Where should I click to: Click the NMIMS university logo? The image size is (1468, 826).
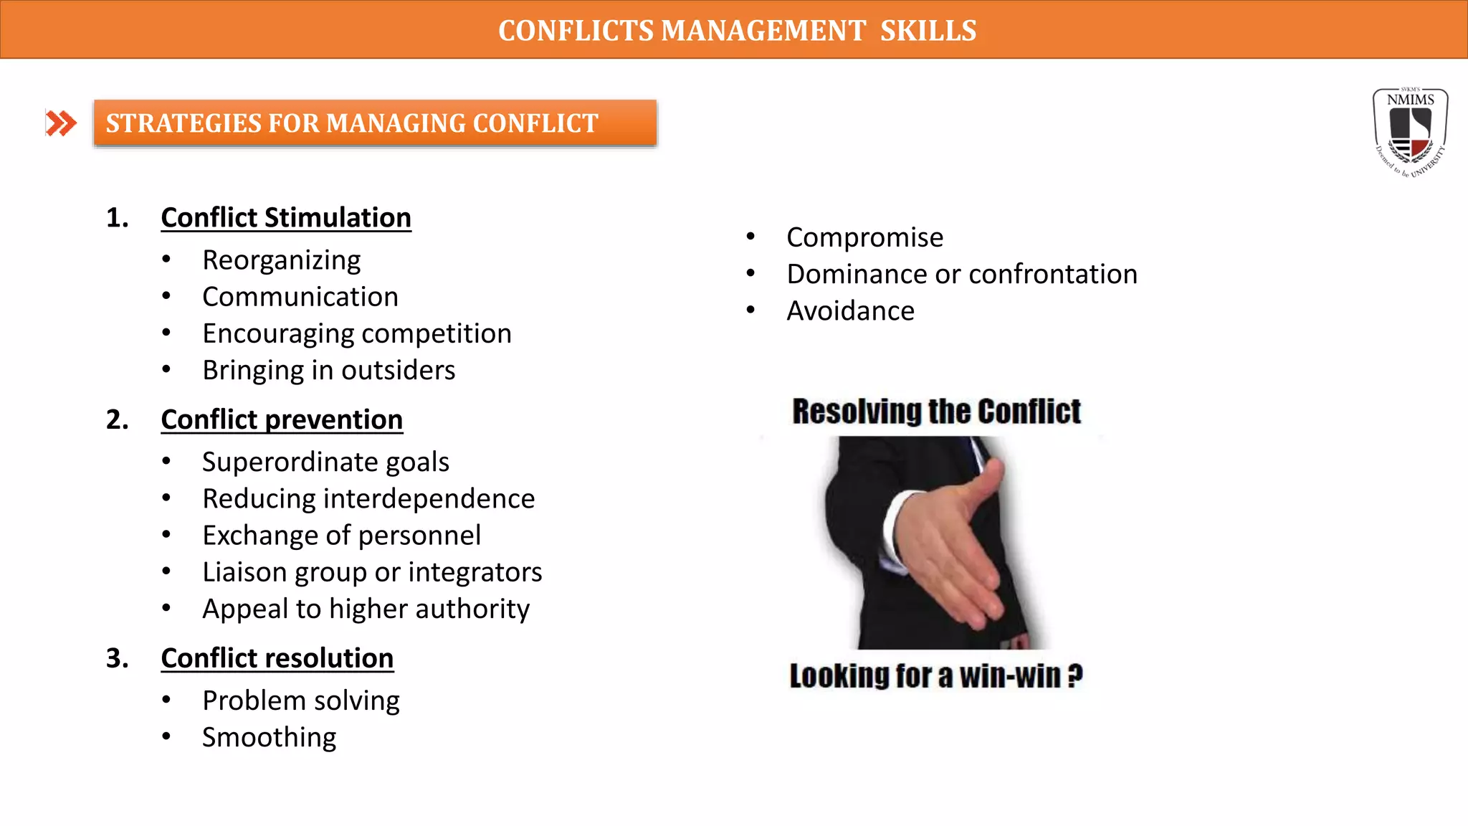(x=1410, y=133)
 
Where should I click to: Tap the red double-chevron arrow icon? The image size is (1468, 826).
(x=61, y=123)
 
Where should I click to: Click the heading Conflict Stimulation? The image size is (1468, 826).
(x=286, y=218)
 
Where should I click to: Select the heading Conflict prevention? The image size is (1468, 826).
(x=282, y=420)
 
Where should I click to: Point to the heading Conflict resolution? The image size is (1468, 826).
(x=277, y=658)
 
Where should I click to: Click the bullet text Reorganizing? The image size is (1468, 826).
(x=282, y=260)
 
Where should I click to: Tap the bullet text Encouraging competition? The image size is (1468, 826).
(x=357, y=334)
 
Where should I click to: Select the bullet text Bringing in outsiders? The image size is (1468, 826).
(x=329, y=371)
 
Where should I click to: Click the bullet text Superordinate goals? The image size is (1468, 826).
(x=326, y=462)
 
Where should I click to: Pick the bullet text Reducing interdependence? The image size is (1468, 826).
(x=368, y=499)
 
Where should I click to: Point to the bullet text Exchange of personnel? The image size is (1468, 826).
(x=342, y=536)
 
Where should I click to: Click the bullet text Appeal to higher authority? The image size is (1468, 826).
(x=366, y=609)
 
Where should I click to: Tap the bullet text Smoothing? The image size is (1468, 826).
(x=270, y=738)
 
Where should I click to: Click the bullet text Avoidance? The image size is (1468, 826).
(x=851, y=311)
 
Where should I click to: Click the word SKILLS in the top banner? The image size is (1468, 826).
(x=928, y=31)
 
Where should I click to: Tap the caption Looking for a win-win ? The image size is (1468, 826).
(x=936, y=676)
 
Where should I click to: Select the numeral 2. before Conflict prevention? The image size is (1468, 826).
(x=118, y=420)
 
